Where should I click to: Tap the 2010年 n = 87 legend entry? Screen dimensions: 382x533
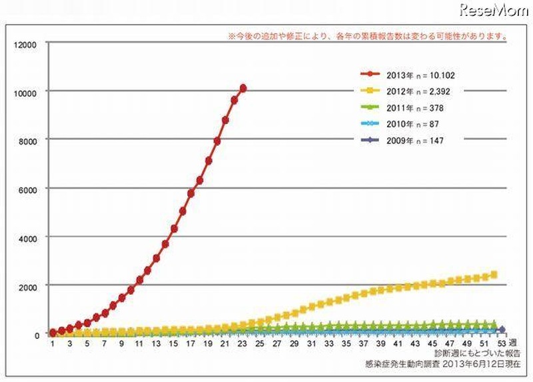pos(400,123)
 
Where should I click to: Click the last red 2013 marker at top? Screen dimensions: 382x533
pos(243,88)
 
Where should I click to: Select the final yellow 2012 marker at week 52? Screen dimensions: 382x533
pos(494,274)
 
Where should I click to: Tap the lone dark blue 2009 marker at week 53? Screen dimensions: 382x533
pos(502,329)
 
